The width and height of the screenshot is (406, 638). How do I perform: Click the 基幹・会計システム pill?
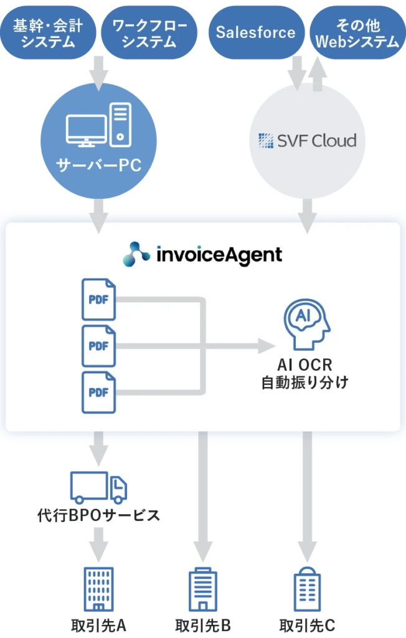[x=48, y=33]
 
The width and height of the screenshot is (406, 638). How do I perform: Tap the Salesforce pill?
[x=255, y=33]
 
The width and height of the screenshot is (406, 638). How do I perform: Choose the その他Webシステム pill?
[x=357, y=33]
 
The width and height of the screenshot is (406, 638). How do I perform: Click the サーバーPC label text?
[x=98, y=166]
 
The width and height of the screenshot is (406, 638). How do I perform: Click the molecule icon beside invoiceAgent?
[x=136, y=254]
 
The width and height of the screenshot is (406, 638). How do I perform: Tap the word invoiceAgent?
[x=219, y=254]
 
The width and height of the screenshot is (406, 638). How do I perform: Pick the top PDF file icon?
[x=98, y=299]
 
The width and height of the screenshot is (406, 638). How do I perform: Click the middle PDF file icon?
[x=98, y=346]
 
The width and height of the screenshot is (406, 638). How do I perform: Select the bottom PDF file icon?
[x=98, y=392]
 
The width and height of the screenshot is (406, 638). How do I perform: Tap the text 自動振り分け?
[x=304, y=383]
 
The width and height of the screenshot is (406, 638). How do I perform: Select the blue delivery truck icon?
[x=99, y=487]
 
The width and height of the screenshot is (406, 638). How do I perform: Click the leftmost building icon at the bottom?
[x=98, y=589]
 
